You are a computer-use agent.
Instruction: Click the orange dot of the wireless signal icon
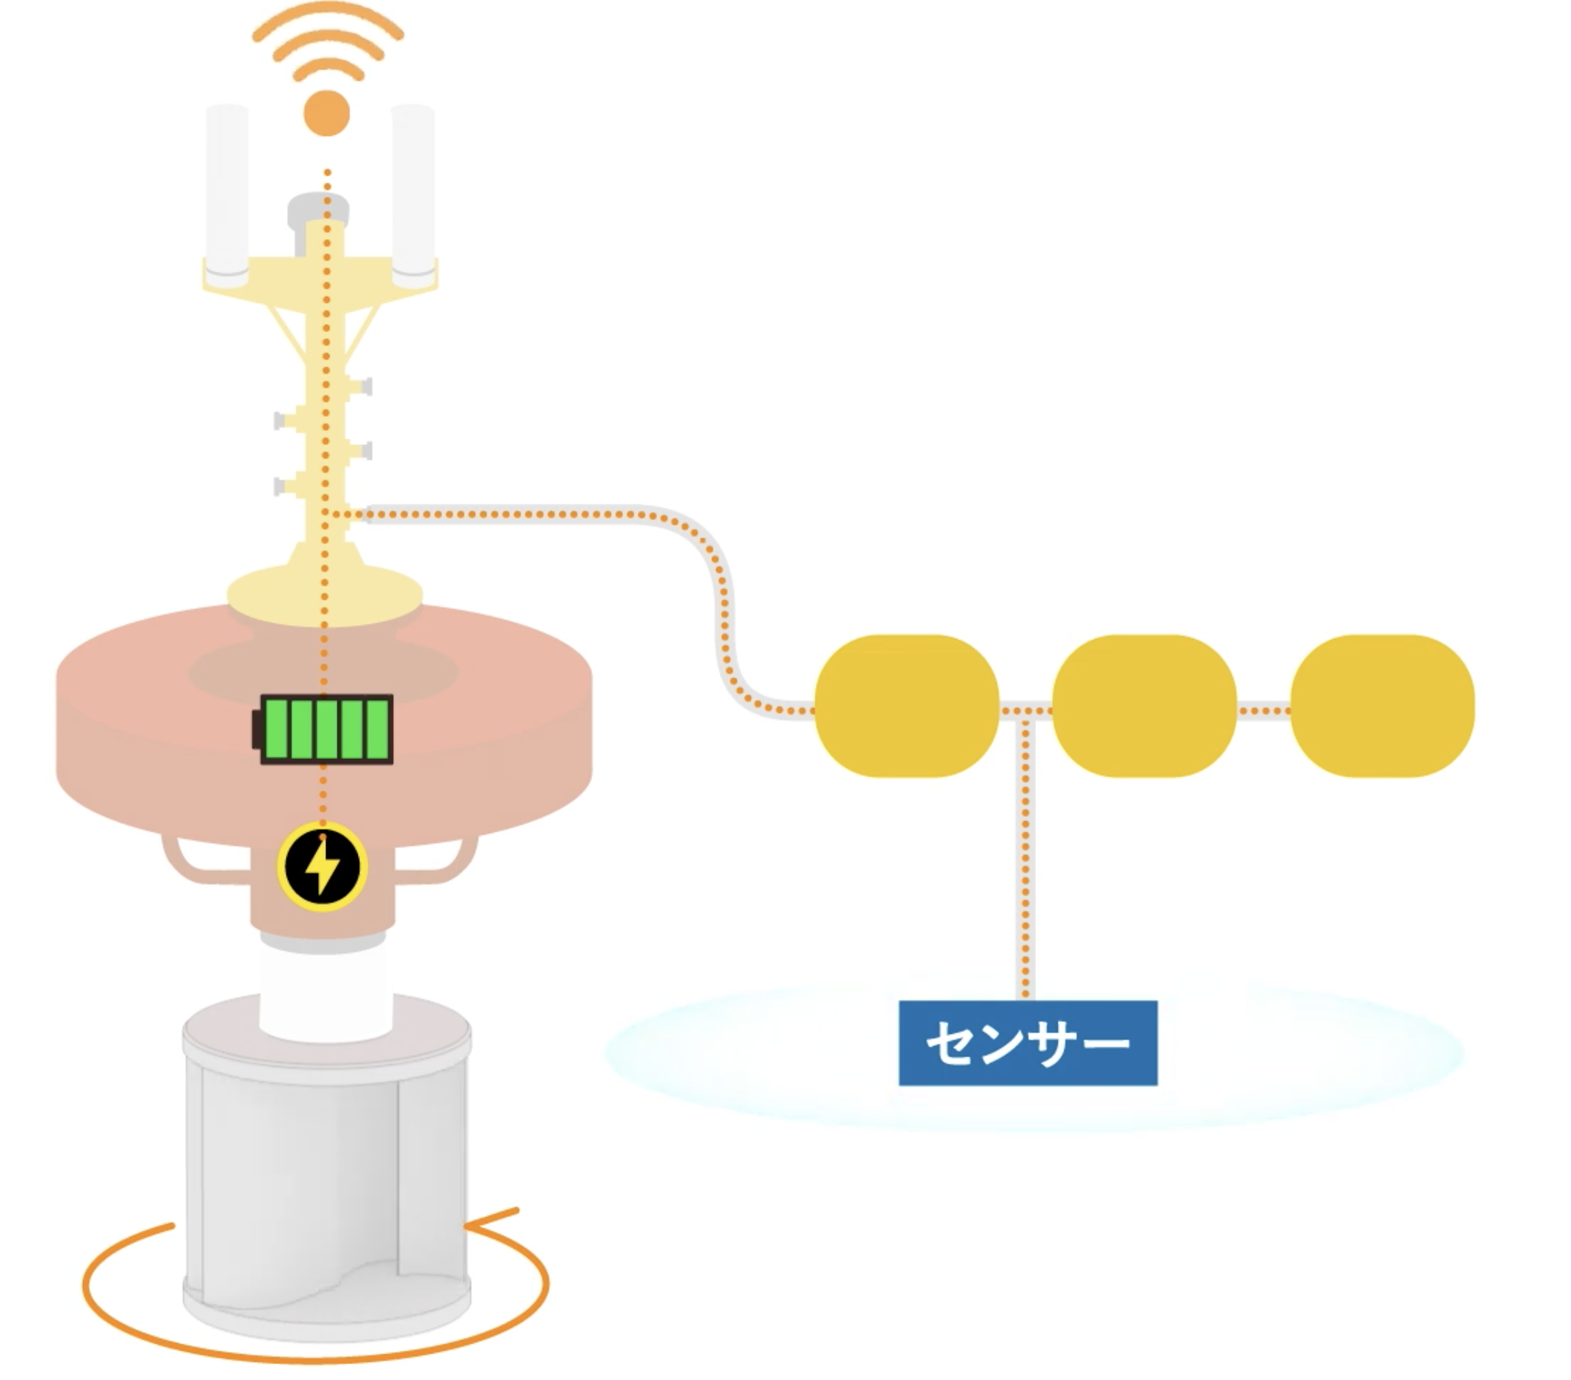pos(327,113)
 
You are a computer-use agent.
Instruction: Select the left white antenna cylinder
pos(227,188)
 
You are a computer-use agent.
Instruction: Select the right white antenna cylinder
pos(414,188)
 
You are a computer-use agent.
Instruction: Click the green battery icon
pos(327,729)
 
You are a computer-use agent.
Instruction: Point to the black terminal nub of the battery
pos(257,729)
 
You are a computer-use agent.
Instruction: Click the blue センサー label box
pos(1027,1043)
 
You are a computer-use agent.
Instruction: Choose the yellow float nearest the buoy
pos(907,706)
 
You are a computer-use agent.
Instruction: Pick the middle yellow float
pos(1144,706)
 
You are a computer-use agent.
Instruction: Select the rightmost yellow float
pos(1382,706)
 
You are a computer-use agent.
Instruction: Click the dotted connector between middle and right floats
pos(1263,711)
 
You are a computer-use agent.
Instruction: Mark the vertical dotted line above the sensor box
pos(1025,853)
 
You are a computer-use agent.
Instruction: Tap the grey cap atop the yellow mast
pos(318,208)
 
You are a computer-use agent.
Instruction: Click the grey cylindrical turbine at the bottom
pos(327,1168)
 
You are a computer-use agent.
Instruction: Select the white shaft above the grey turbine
pos(327,995)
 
